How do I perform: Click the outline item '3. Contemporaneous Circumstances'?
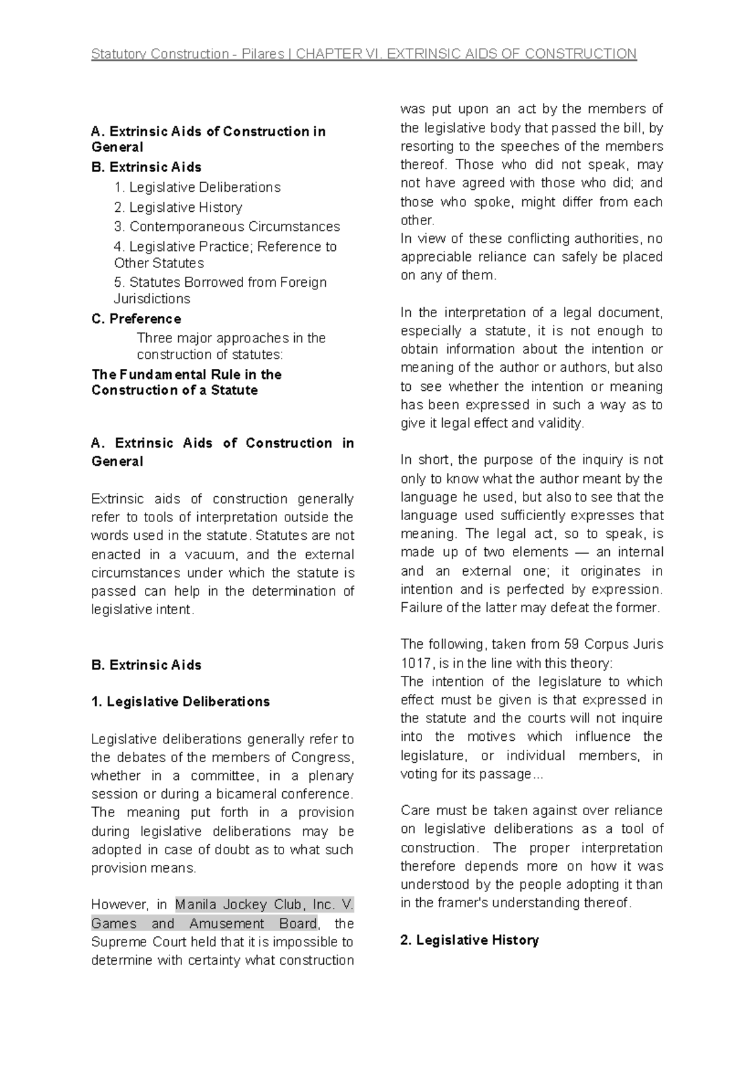point(227,226)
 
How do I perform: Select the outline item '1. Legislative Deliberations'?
point(197,187)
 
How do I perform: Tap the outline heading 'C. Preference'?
point(136,318)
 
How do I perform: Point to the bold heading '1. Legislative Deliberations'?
point(180,702)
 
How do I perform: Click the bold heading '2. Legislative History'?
point(469,940)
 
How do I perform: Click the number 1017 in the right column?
point(416,663)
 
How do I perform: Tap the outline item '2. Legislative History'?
point(178,207)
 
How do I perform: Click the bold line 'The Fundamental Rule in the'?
point(186,374)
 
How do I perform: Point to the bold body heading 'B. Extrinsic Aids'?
point(146,665)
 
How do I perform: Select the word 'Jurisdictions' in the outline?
point(152,299)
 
